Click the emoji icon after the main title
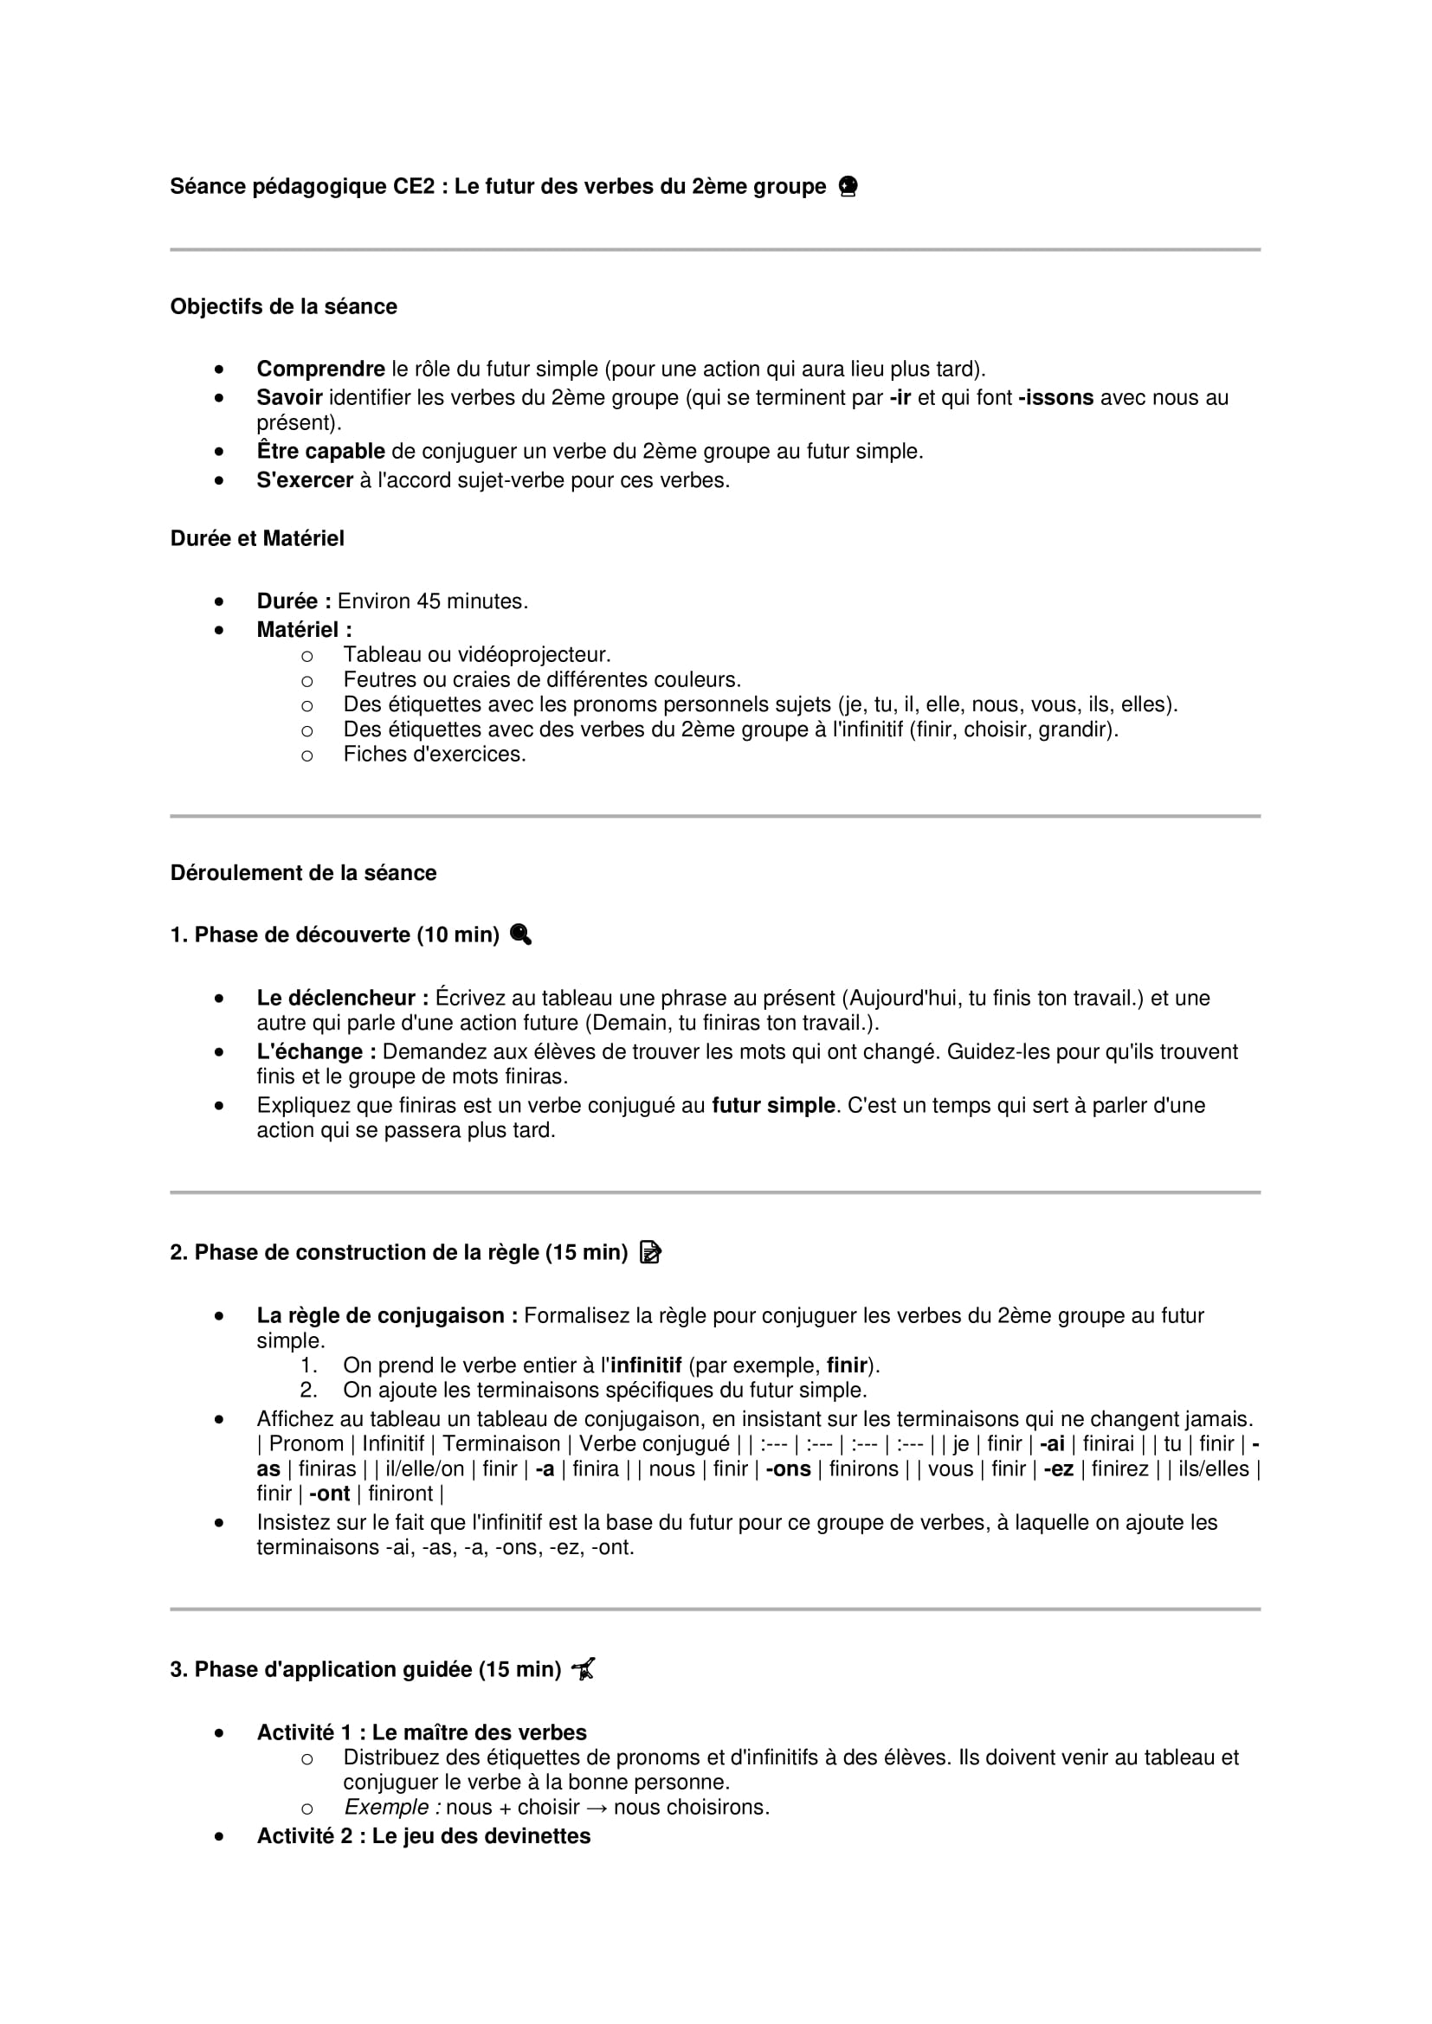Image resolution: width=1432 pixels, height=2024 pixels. tap(848, 187)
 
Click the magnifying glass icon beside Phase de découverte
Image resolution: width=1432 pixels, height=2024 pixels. tap(520, 935)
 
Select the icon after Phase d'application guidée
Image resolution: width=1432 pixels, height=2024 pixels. tap(583, 1668)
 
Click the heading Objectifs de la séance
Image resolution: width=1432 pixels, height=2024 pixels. tap(283, 307)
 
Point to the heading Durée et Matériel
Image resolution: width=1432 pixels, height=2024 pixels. tap(256, 538)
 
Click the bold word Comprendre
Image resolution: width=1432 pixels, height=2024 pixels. tap(320, 369)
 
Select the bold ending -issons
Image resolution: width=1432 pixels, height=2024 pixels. tap(1055, 397)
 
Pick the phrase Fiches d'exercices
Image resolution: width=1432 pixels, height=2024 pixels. tap(435, 755)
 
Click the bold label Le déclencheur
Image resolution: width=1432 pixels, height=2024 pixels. tap(342, 998)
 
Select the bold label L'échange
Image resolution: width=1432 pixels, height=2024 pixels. tap(316, 1051)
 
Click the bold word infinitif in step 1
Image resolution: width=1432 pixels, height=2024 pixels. tap(646, 1365)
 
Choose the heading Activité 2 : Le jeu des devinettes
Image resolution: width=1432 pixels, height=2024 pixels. tap(423, 1836)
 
